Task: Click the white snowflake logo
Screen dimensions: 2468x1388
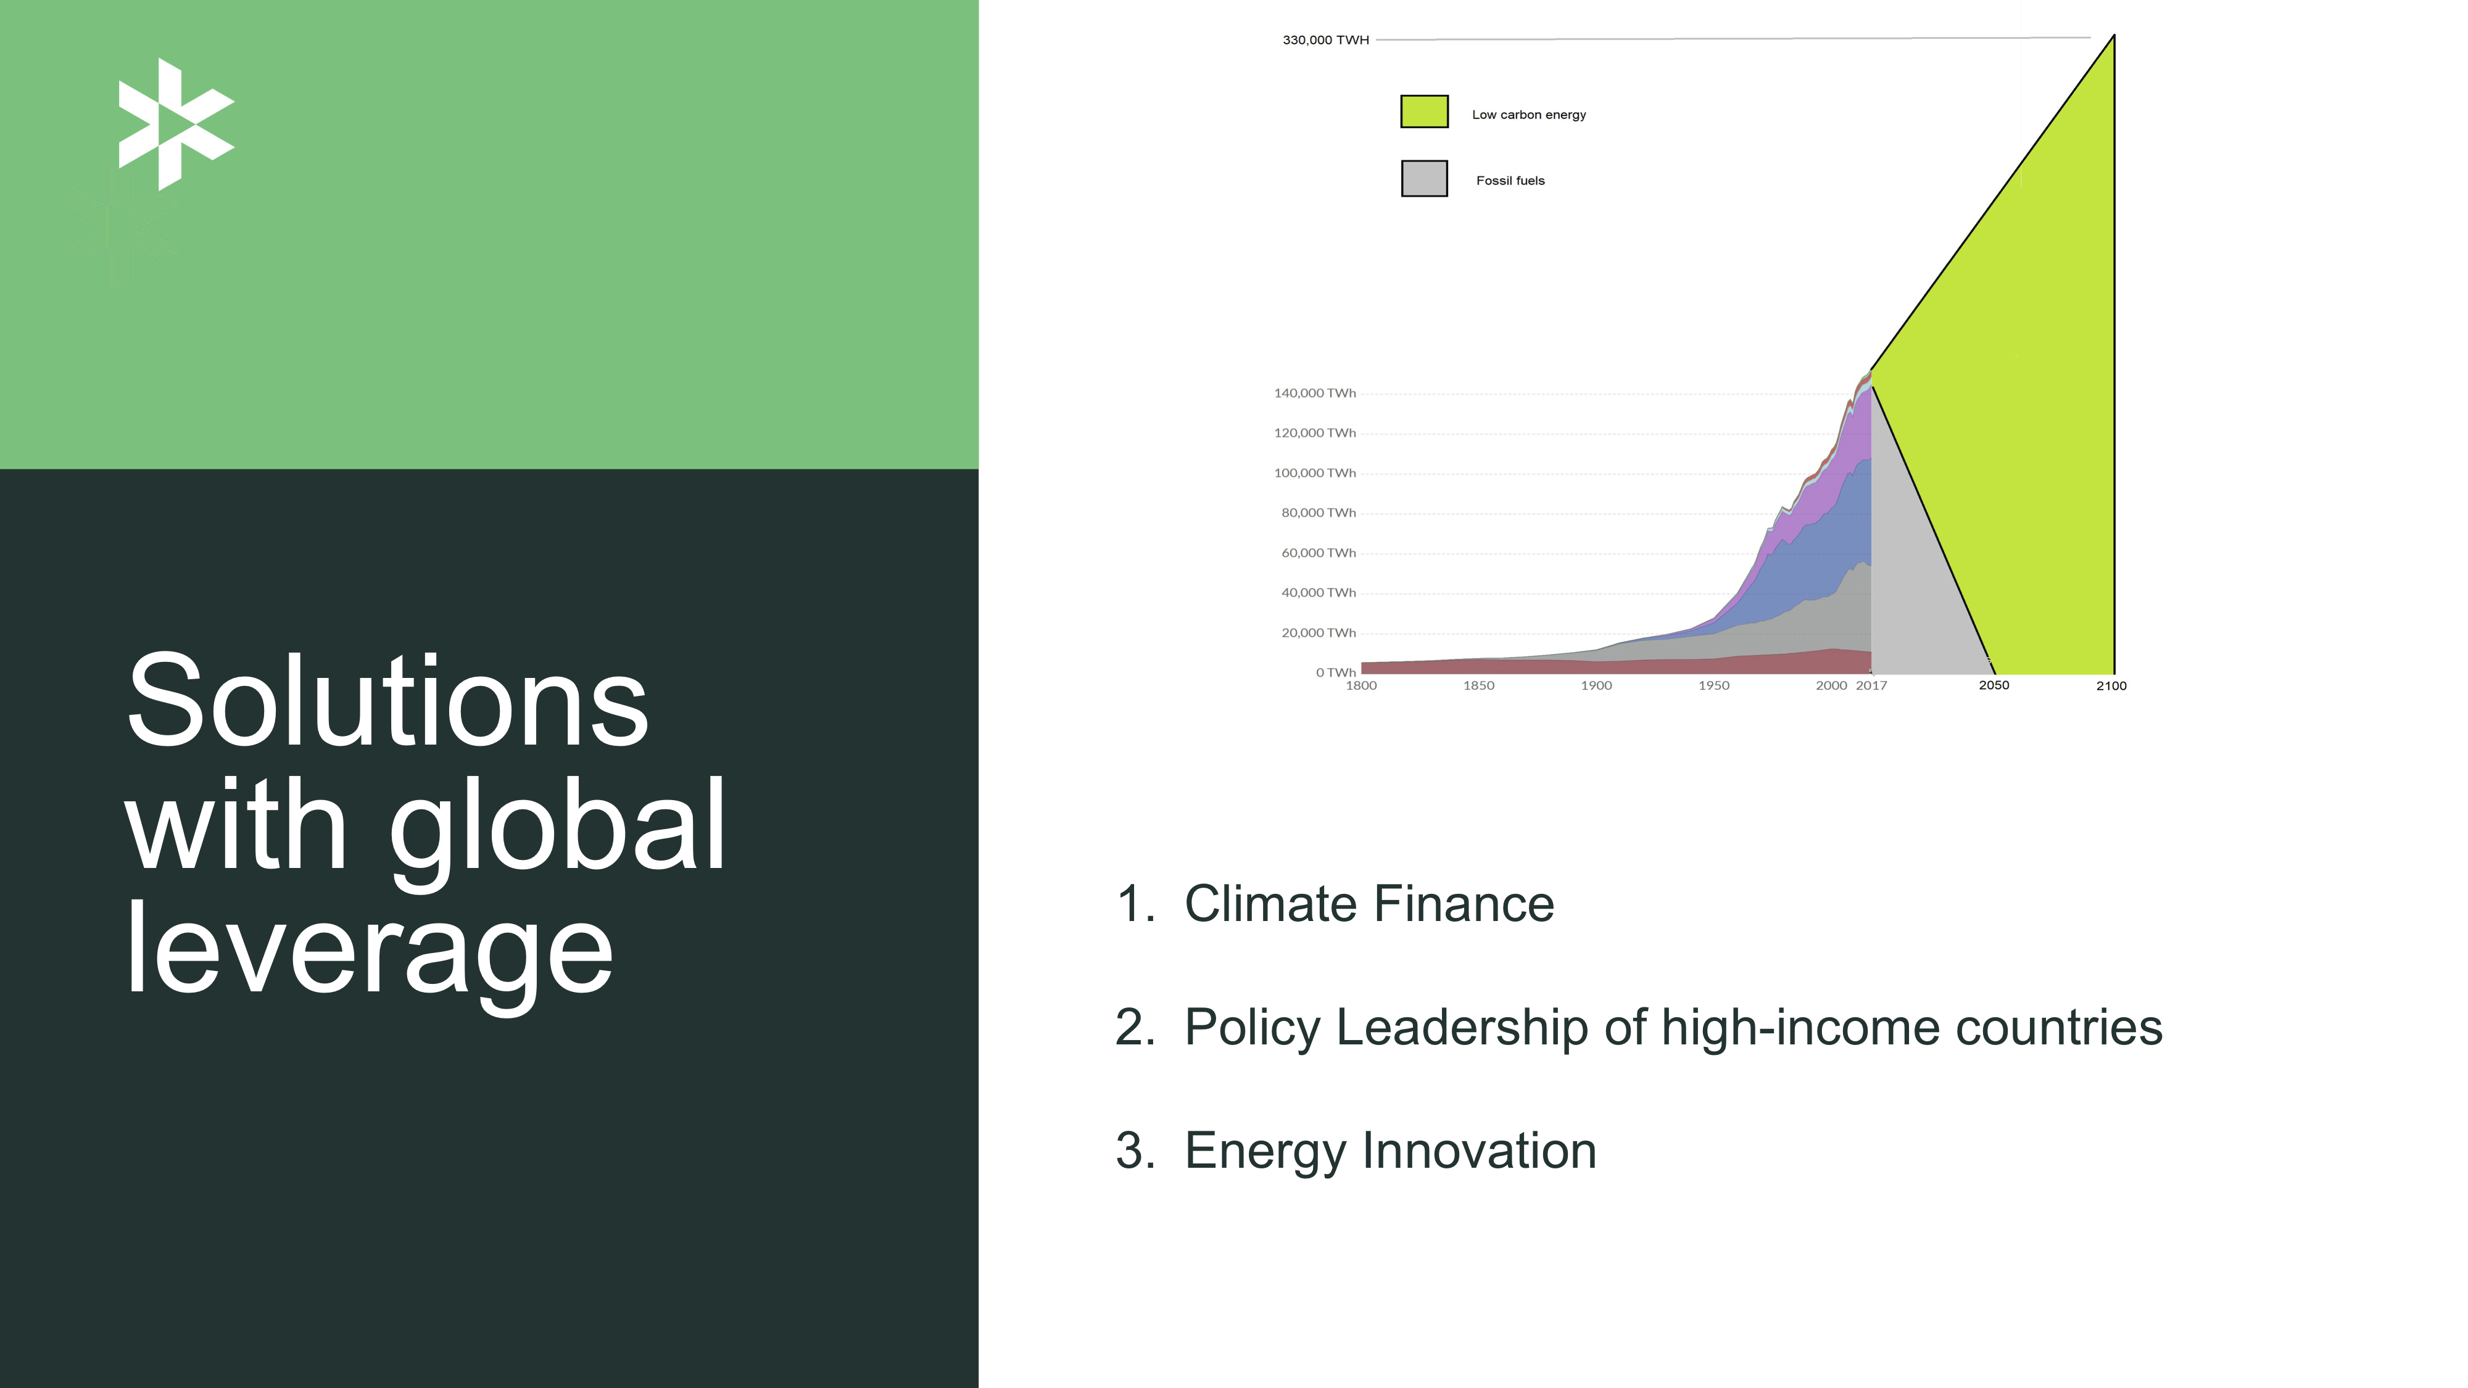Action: click(x=176, y=125)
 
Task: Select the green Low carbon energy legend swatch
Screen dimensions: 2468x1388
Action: click(x=1423, y=111)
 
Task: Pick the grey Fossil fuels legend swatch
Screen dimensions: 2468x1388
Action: click(x=1423, y=178)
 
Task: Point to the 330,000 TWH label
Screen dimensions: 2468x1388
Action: click(x=1326, y=40)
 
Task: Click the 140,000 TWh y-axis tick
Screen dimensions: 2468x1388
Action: click(x=1314, y=393)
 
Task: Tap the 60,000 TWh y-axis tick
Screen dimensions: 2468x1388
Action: click(x=1319, y=553)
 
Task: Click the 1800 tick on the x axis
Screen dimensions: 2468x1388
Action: click(x=1362, y=686)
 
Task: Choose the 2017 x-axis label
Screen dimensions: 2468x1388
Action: click(x=1871, y=686)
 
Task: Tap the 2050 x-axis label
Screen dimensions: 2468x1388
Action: click(x=1994, y=685)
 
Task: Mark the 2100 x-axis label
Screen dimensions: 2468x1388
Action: click(x=2111, y=686)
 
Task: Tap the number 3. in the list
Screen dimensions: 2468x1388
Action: click(x=1135, y=1150)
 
